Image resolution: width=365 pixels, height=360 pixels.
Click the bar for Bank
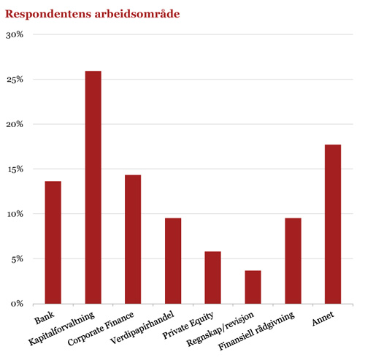tap(53, 242)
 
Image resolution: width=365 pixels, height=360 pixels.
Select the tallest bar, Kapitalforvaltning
tap(93, 188)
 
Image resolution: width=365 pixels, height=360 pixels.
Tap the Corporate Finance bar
tap(133, 240)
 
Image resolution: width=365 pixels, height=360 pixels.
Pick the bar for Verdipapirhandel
tap(173, 261)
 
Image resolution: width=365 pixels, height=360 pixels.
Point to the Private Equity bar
tap(212, 277)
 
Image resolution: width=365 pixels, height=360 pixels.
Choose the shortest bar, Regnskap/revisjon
tap(253, 287)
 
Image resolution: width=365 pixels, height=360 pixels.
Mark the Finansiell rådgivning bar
tap(293, 261)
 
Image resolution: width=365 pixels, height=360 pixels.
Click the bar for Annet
tap(333, 224)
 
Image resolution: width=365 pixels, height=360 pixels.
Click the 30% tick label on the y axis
tap(15, 35)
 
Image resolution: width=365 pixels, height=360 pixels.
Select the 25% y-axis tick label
tap(15, 80)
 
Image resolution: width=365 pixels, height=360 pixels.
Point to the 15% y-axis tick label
tap(15, 169)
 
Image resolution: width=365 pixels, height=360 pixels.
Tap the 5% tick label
tap(17, 259)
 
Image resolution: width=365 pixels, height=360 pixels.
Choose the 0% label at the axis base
tap(17, 304)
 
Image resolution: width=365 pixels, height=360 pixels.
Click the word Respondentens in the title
tap(48, 15)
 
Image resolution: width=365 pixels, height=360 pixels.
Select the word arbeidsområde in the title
tap(137, 14)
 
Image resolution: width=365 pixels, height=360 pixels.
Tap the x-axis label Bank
tap(45, 318)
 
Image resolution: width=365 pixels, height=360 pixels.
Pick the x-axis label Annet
tap(323, 318)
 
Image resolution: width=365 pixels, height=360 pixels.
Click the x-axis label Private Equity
tap(188, 325)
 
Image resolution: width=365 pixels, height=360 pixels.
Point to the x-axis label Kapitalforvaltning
tap(61, 329)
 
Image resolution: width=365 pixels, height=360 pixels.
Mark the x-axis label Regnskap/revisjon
tap(220, 329)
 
